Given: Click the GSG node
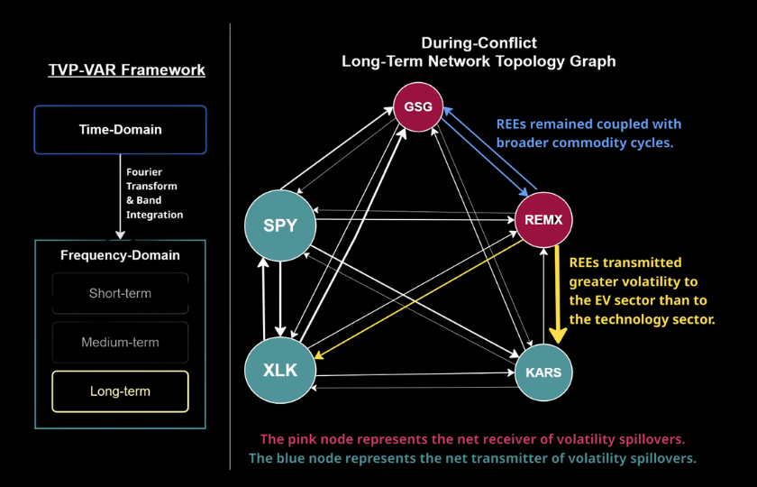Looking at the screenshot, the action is tap(418, 106).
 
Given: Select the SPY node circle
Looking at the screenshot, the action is tap(280, 225).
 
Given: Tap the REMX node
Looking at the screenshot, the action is tap(543, 220).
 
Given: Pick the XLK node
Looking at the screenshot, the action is tap(280, 370).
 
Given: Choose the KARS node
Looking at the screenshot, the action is tap(543, 372).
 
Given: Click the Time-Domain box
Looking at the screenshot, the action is tap(120, 130).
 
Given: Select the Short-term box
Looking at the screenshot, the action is tap(120, 293).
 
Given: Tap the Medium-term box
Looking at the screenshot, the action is tap(120, 342).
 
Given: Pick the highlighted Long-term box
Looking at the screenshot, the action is tap(120, 391).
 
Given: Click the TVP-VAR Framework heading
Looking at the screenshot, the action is tap(126, 69).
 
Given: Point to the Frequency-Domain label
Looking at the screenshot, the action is tap(120, 255).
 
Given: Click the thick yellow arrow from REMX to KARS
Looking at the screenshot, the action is tap(558, 295).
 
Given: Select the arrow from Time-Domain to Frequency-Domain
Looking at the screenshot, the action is tap(120, 197).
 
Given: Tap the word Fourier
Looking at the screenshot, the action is tap(144, 172).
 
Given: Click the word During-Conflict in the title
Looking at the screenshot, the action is tap(479, 43).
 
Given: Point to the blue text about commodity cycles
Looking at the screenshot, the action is tap(589, 133).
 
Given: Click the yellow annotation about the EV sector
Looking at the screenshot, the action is tap(642, 290).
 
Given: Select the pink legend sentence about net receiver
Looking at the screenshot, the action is tap(472, 439).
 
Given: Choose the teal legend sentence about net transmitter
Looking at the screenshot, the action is tap(472, 458).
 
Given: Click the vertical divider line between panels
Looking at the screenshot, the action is tap(231, 246).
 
